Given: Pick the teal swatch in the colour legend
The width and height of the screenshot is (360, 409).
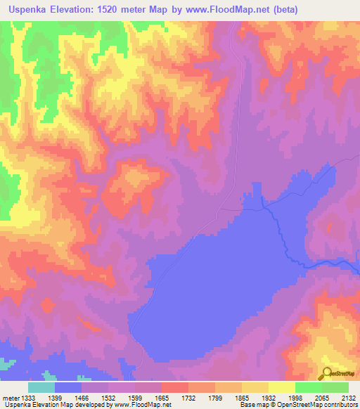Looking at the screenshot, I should pos(41,387).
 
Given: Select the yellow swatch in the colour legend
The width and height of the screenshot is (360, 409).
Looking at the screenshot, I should pos(282,387).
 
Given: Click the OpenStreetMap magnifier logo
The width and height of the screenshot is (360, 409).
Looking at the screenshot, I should pos(327,372).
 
